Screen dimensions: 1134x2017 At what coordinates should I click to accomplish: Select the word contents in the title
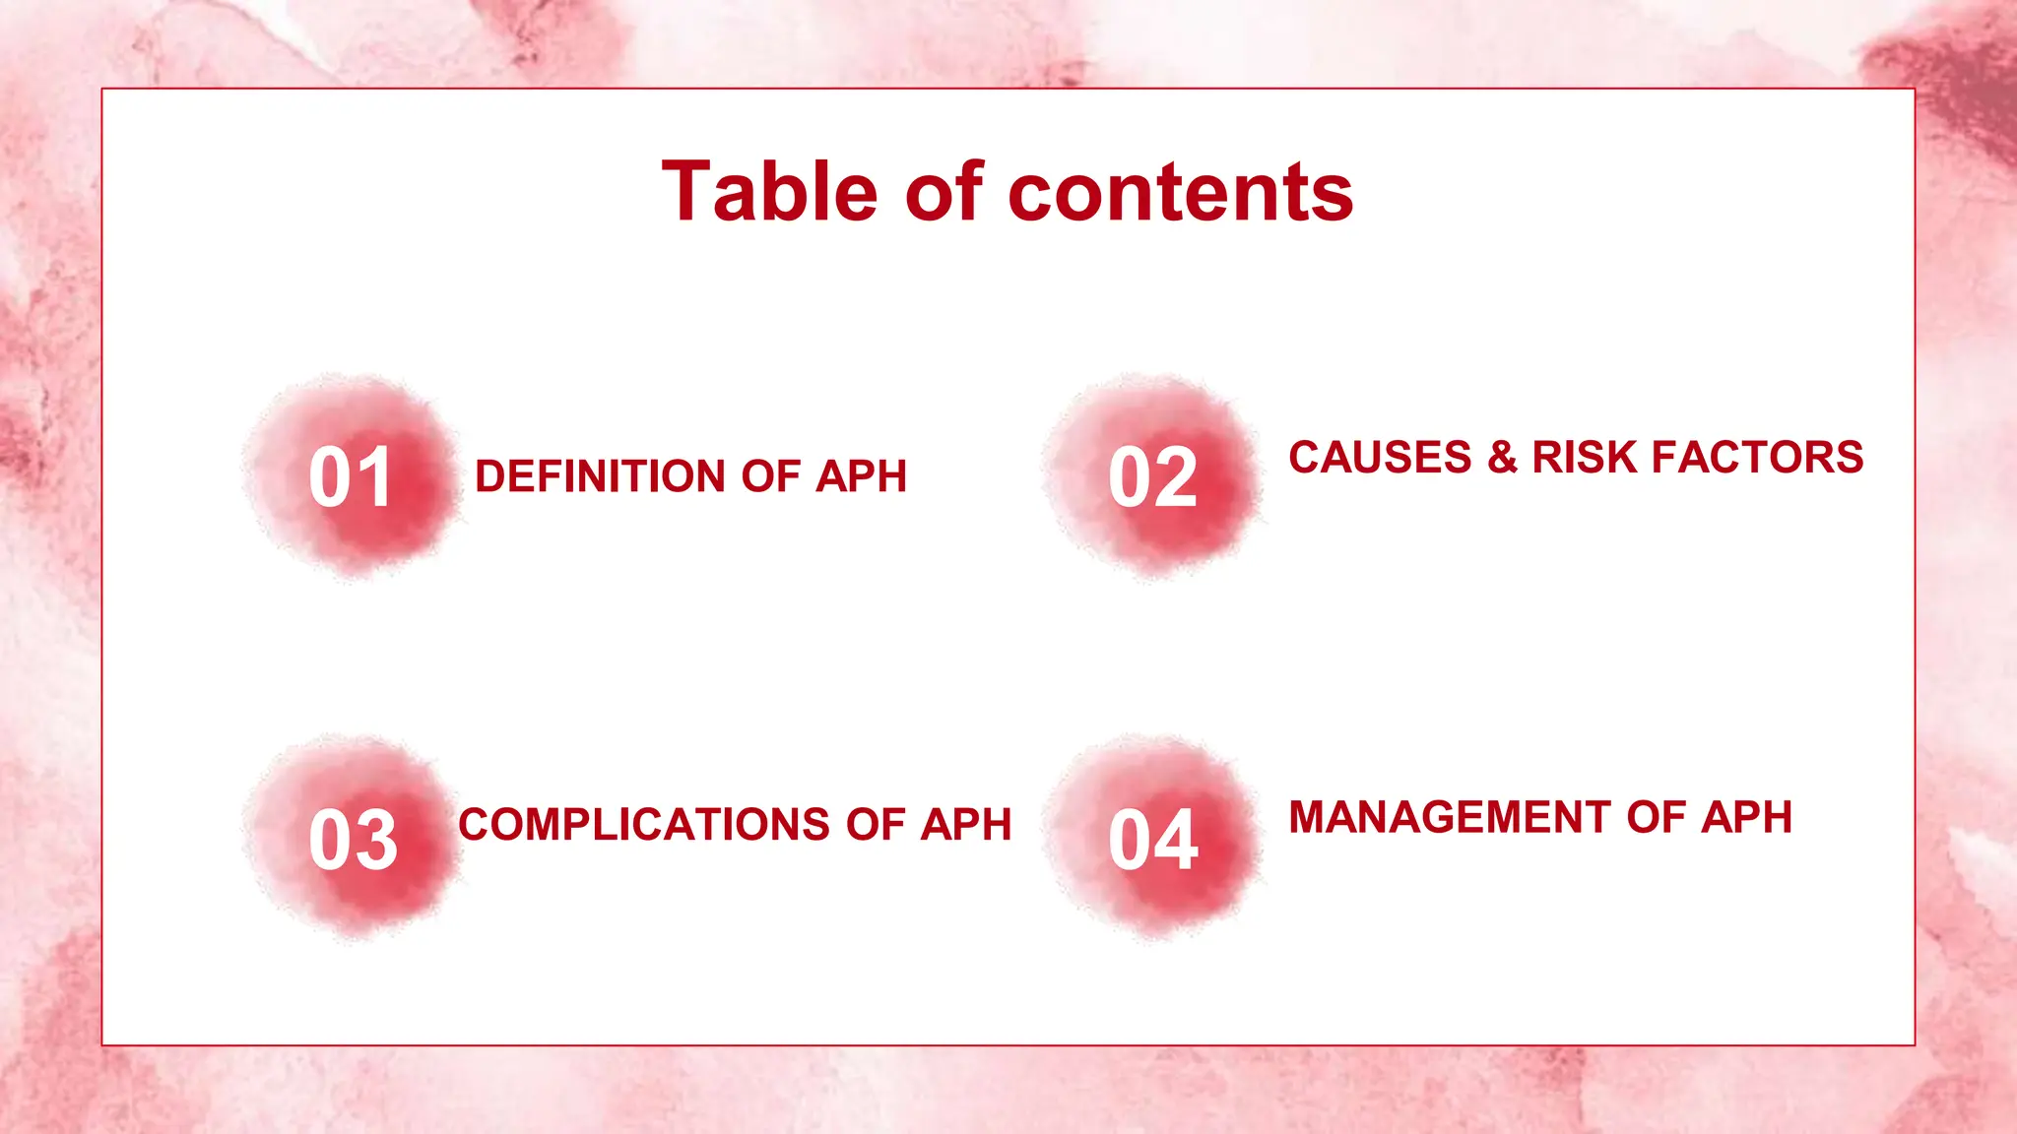point(1181,193)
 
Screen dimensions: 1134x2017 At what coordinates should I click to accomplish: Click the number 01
point(351,478)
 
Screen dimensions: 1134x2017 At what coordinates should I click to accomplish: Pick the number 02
point(1152,478)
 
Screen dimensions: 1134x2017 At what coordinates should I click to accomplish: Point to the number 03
point(353,841)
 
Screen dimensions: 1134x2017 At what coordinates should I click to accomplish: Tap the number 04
point(1152,841)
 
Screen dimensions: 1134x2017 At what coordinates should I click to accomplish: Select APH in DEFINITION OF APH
point(861,476)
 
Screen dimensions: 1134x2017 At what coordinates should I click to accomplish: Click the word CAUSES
point(1380,458)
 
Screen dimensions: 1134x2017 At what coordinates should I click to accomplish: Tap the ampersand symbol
point(1502,458)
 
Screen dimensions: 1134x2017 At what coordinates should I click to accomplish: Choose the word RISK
point(1585,458)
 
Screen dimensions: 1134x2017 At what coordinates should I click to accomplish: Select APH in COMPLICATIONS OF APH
point(965,825)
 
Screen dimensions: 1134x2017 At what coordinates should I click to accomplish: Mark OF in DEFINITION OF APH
point(770,476)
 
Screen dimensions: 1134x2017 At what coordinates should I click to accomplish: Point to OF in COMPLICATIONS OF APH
point(875,825)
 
